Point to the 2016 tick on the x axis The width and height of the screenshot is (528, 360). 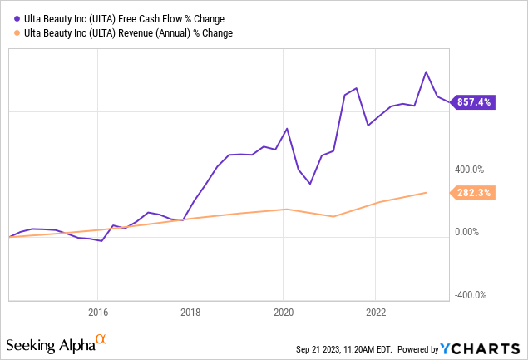pos(97,312)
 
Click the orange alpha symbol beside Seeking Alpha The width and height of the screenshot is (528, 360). pos(101,340)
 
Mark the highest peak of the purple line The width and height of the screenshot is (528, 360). pos(427,72)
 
